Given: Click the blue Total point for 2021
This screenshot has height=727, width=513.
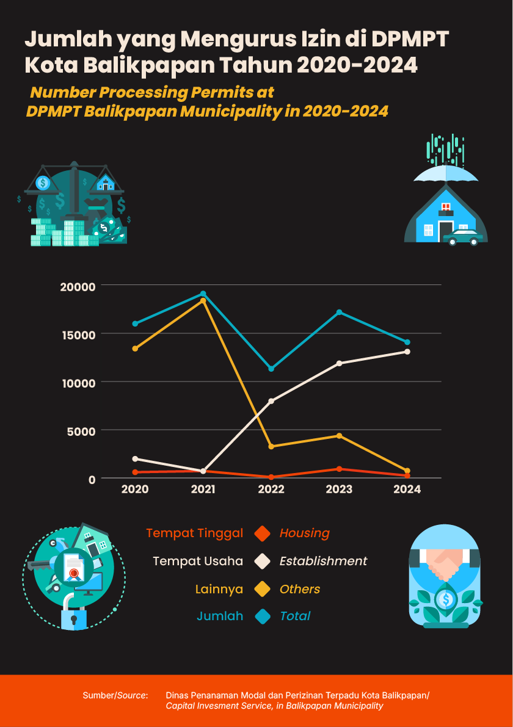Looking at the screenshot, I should (203, 294).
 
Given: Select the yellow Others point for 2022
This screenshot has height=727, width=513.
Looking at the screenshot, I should (271, 446).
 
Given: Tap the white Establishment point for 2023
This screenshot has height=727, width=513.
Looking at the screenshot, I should (339, 363).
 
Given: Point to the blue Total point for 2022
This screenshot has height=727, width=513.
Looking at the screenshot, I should (271, 369).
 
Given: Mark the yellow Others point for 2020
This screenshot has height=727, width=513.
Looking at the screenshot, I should (135, 349).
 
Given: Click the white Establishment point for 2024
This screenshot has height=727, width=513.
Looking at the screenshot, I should (407, 352).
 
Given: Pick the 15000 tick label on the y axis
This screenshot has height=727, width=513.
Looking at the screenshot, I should (78, 334).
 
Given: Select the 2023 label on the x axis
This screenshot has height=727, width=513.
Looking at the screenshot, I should (339, 489).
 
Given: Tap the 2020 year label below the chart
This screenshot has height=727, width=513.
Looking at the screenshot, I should (135, 489).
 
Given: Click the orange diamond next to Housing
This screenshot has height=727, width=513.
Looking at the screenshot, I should (263, 533).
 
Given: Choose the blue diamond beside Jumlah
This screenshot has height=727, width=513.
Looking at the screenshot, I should (263, 616).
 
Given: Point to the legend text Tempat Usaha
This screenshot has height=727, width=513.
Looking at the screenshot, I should (198, 561).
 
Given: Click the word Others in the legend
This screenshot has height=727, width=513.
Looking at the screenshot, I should (300, 589).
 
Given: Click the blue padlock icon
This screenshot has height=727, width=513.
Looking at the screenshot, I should (74, 619).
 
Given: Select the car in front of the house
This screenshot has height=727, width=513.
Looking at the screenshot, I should (462, 237).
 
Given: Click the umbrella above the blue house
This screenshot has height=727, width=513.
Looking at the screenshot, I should (446, 174).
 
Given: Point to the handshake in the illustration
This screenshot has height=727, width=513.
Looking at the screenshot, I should (446, 565).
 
